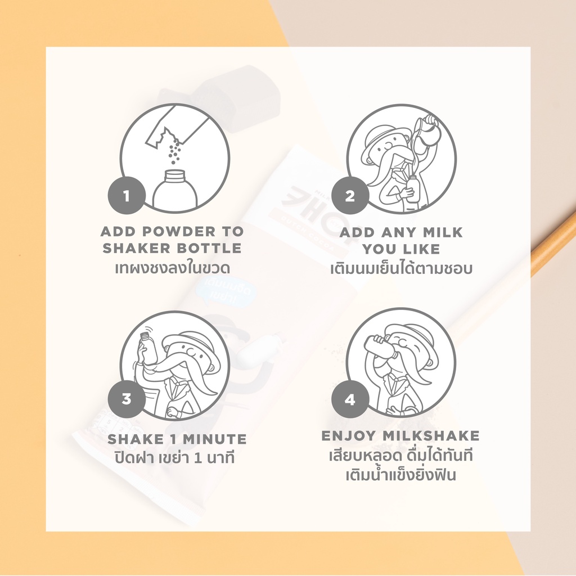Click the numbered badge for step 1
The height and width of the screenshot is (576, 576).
[x=127, y=195]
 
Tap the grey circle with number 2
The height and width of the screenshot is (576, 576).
[x=350, y=195]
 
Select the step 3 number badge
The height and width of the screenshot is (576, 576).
[x=127, y=399]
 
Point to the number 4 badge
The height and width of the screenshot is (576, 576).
[x=350, y=399]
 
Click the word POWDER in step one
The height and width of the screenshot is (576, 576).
[x=178, y=231]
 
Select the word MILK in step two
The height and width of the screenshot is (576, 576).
[x=443, y=232]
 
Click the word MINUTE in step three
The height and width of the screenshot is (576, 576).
[x=214, y=439]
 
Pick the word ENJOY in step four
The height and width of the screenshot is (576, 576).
[x=349, y=436]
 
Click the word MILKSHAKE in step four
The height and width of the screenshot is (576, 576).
[x=431, y=436]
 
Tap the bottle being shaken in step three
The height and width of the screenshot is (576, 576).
[x=148, y=347]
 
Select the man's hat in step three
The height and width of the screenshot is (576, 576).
[x=195, y=345]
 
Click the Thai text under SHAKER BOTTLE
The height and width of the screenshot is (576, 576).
[x=173, y=268]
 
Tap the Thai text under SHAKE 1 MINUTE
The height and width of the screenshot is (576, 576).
[x=174, y=458]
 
